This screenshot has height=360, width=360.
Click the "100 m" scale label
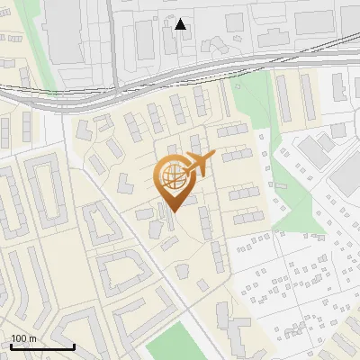23,337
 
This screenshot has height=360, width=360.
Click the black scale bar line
42,346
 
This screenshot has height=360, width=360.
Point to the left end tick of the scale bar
11,345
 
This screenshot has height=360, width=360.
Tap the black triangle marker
180,24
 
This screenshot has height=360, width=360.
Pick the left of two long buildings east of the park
283,99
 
